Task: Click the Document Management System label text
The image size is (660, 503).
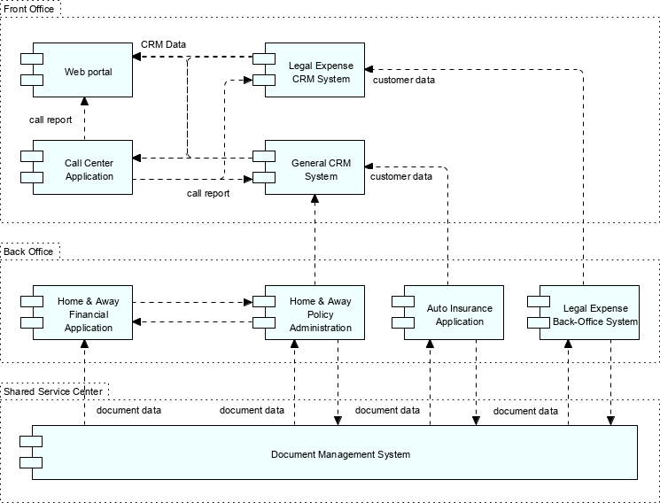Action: pos(340,454)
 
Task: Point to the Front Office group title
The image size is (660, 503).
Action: pos(29,9)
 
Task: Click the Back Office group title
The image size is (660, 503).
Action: pos(28,251)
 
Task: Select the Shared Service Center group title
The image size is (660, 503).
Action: pos(52,391)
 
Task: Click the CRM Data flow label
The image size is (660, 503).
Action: pos(163,44)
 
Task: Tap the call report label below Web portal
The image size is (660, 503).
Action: pos(50,120)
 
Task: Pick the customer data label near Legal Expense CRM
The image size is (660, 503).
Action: pos(403,80)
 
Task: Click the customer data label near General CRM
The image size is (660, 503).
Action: pos(400,176)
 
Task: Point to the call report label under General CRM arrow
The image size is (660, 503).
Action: pos(207,193)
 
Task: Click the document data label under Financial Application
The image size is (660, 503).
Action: pos(128,410)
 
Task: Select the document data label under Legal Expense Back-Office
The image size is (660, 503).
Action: pos(525,411)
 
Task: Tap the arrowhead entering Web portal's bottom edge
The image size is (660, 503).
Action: pos(85,102)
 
